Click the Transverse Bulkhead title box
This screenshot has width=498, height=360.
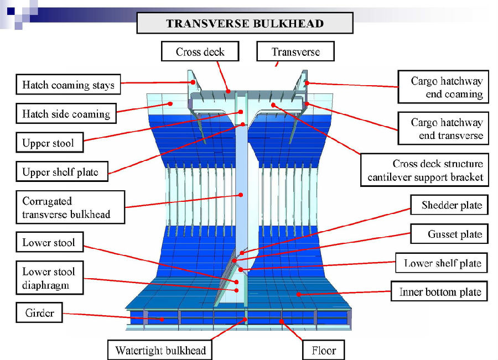click(245, 24)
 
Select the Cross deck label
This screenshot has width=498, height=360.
click(200, 52)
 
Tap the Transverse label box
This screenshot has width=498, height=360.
click(295, 52)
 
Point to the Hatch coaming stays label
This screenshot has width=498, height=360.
click(68, 85)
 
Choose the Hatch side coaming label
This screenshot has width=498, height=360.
click(66, 114)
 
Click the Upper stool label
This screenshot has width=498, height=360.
click(48, 143)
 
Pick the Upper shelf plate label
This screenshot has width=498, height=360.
click(60, 172)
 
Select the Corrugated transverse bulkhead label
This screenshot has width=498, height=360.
click(66, 207)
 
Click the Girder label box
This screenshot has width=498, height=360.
click(39, 313)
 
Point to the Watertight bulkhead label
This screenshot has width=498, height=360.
click(160, 350)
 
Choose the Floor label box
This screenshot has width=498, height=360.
click(324, 350)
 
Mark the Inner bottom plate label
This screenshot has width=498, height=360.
click(440, 292)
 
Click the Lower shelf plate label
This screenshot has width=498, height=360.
click(442, 263)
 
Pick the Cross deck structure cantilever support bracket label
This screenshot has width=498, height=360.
click(425, 170)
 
